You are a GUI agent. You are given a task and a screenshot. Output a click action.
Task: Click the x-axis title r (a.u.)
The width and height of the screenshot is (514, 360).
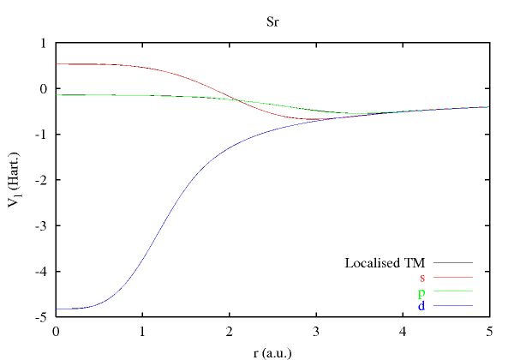tap(272, 350)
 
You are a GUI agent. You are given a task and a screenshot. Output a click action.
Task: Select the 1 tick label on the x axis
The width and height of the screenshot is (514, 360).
tap(142, 331)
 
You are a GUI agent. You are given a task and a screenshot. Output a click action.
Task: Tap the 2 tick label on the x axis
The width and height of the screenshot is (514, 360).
tap(229, 331)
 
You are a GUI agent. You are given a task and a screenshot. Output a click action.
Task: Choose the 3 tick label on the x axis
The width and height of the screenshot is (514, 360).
tap(315, 331)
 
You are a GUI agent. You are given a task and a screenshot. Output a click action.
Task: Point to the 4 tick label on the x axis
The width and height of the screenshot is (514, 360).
tap(402, 331)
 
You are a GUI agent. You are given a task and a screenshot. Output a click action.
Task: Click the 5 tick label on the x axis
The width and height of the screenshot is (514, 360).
tap(488, 331)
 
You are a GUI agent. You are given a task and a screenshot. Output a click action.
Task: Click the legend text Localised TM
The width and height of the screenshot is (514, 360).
tap(385, 262)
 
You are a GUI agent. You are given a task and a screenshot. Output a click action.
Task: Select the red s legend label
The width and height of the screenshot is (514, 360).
tap(422, 277)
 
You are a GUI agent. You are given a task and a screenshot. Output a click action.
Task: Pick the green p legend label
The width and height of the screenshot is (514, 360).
tap(421, 292)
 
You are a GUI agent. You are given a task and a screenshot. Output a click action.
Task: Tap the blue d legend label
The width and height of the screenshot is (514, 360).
tap(421, 306)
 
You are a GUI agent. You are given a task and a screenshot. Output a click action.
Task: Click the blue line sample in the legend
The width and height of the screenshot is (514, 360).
tap(454, 306)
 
